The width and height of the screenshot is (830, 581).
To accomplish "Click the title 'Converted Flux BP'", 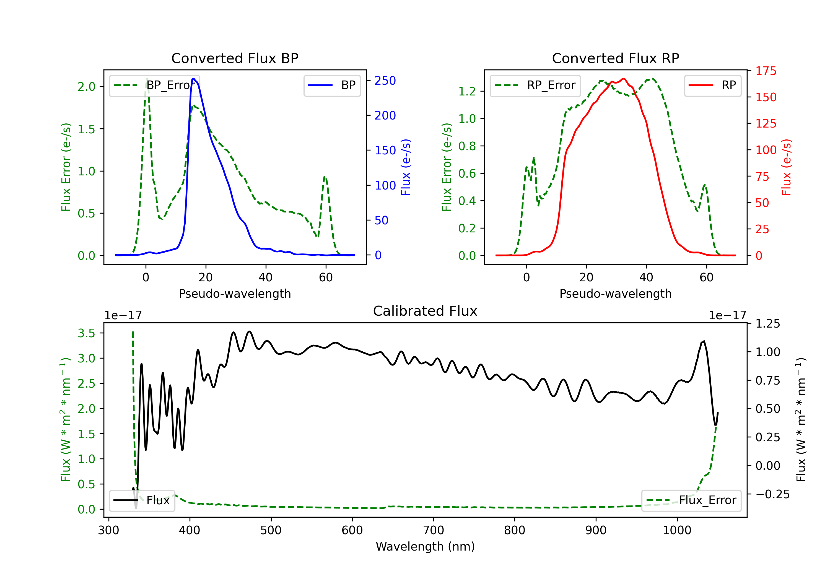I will click(235, 58).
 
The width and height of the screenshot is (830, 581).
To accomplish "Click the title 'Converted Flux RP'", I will click(615, 58).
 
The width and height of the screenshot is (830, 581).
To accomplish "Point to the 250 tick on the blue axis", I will click(385, 81).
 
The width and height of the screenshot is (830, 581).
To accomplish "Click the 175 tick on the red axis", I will click(766, 71).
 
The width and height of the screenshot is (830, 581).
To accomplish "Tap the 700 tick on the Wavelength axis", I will click(434, 530).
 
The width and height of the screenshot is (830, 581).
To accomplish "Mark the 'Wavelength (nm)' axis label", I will click(425, 546).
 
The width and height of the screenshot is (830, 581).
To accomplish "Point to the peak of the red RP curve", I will click(624, 79).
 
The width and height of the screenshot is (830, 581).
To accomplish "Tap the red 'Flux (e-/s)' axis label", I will click(786, 167).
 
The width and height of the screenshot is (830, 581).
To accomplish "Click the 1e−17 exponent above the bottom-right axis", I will click(727, 315).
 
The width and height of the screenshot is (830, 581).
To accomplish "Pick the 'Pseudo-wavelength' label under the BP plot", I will click(235, 294).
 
